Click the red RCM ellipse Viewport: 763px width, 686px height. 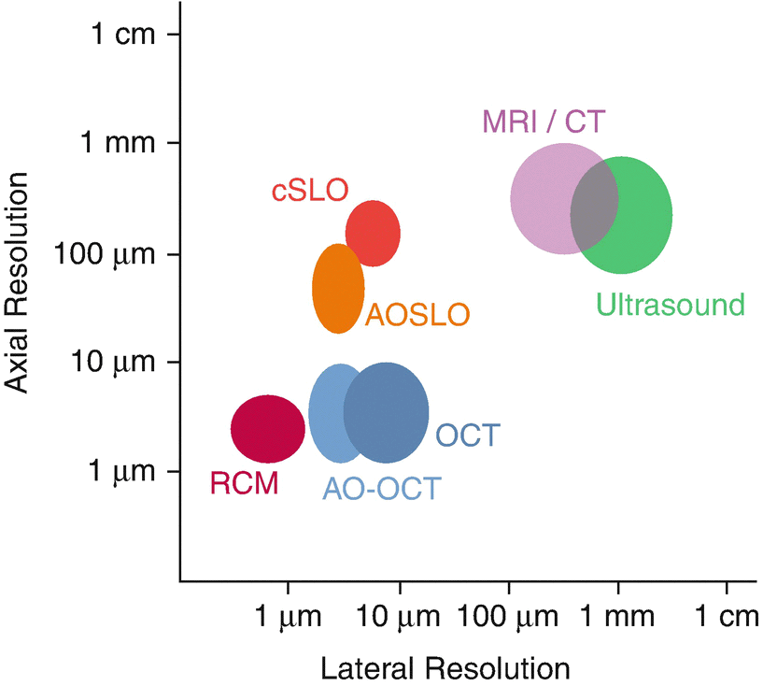tap(268, 429)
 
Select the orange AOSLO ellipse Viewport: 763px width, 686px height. tap(337, 289)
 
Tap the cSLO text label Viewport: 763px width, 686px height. tap(310, 191)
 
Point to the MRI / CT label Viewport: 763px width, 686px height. tap(544, 121)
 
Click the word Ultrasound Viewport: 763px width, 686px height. tap(671, 305)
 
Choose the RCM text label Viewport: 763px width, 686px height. tap(244, 483)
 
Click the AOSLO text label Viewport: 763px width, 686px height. tap(417, 315)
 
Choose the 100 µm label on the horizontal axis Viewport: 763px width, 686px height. tap(507, 618)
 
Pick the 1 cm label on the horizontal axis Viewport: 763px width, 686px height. tap(727, 618)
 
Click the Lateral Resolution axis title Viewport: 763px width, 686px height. tap(445, 668)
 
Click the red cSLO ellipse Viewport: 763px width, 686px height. tap(374, 233)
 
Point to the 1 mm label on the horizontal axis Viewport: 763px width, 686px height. tap(619, 618)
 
